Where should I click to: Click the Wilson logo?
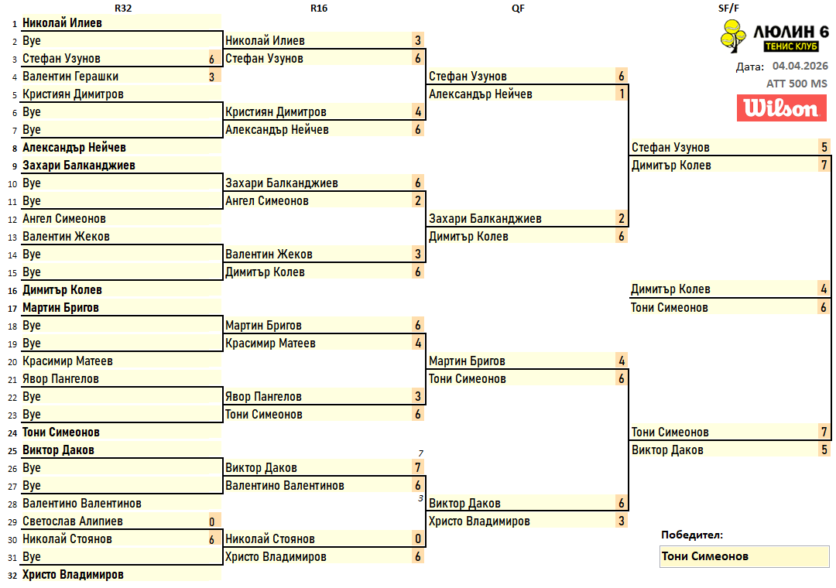coord(781,108)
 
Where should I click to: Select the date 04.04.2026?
coord(800,67)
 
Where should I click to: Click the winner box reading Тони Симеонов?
coord(744,556)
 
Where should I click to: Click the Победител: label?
coord(692,535)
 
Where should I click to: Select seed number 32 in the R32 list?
coord(13,575)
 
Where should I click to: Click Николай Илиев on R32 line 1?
coord(62,23)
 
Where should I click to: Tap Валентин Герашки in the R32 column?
coord(70,77)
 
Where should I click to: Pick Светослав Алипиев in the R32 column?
coord(73,521)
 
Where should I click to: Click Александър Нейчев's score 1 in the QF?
coord(621,94)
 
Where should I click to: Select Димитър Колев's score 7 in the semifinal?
coord(824,166)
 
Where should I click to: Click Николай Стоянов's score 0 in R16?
coord(417,539)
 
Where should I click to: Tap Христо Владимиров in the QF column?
coord(479,521)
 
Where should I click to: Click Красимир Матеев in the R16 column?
coord(270,344)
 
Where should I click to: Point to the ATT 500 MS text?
coord(797,84)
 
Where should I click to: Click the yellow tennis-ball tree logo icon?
coord(732,36)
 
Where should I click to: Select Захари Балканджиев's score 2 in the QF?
coord(621,219)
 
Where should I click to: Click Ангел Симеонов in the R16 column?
coord(267,201)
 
